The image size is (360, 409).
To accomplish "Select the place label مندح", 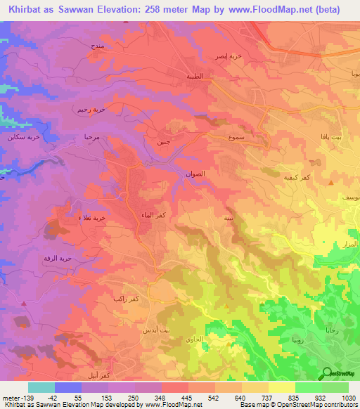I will (98, 46).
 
